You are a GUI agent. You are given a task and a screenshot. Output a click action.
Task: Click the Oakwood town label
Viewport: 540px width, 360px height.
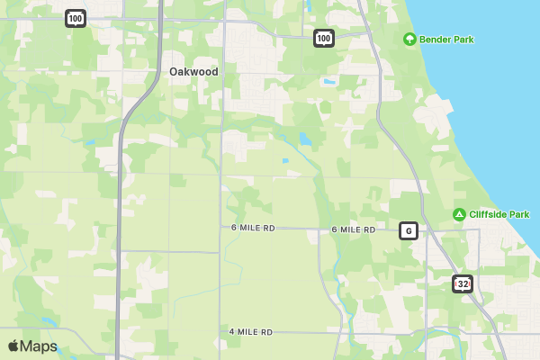click(x=193, y=71)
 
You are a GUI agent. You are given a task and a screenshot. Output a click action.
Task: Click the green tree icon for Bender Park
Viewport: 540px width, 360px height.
click(x=409, y=40)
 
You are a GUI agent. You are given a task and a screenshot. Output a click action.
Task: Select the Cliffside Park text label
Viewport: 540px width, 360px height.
click(x=499, y=214)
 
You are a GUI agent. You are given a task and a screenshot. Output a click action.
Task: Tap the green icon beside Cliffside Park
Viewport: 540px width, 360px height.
click(x=459, y=214)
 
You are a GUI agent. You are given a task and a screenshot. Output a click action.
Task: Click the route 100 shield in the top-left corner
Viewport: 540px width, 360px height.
click(x=76, y=18)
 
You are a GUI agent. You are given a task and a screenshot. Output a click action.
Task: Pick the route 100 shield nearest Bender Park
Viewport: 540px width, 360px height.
click(x=324, y=37)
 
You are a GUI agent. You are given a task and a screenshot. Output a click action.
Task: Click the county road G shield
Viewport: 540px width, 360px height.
click(x=409, y=230)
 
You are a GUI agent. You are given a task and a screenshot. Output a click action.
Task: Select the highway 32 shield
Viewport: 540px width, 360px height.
click(x=463, y=284)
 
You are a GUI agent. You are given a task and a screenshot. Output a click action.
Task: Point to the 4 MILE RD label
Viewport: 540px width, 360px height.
click(x=251, y=332)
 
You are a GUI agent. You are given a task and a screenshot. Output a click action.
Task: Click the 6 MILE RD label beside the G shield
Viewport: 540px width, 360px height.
click(x=354, y=229)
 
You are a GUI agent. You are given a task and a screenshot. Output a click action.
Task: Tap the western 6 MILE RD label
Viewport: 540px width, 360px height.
click(x=253, y=229)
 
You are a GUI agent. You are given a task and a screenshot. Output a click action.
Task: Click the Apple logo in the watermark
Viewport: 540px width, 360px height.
click(x=13, y=346)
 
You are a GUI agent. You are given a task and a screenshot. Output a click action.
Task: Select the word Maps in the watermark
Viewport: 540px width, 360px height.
click(x=39, y=346)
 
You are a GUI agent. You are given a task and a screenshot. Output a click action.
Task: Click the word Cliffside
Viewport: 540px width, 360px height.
click(x=488, y=214)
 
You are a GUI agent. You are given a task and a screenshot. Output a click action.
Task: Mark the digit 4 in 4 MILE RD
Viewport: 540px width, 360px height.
click(x=232, y=332)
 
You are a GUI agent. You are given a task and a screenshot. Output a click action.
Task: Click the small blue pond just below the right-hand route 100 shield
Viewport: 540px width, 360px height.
click(x=328, y=82)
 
